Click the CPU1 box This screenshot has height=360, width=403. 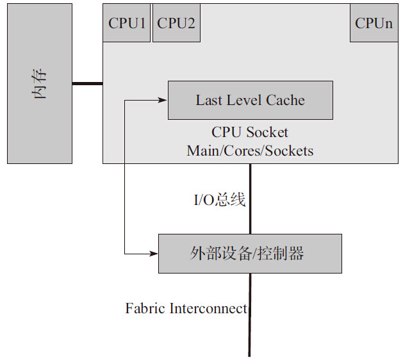(127, 24)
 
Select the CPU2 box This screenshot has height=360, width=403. (176, 24)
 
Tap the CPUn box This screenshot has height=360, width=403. (374, 24)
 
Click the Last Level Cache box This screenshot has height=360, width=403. (250, 100)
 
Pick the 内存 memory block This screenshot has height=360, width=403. (39, 84)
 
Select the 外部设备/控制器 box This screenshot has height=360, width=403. (250, 254)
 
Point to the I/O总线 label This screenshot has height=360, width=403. (220, 200)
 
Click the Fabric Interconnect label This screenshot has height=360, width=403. (186, 309)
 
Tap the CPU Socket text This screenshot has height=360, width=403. (250, 133)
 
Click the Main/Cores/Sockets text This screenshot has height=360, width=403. (250, 151)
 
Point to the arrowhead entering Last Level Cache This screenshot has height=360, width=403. (163, 100)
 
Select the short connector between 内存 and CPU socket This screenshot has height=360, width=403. (87, 83)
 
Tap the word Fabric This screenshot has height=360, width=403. (145, 309)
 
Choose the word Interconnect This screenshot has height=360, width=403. (208, 309)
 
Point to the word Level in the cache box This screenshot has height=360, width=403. (243, 100)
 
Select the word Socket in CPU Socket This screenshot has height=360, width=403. (267, 133)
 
